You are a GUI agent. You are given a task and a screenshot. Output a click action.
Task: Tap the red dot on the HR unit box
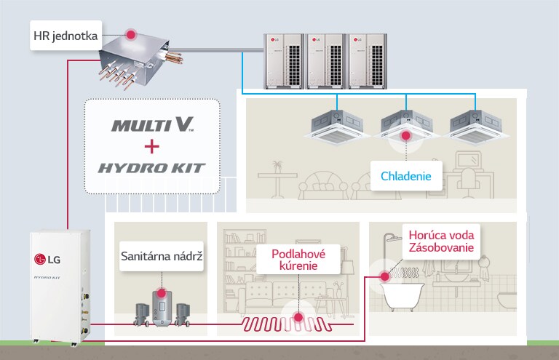coord(131,34)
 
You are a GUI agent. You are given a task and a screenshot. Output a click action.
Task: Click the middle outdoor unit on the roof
coord(325,61)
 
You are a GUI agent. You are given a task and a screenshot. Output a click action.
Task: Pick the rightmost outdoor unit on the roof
coord(368,61)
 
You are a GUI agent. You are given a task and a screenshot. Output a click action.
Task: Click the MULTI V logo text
coord(152,124)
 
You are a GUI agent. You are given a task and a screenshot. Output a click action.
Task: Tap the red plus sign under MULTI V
coord(151,147)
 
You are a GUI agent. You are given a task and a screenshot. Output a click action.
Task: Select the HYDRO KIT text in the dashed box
coord(152,169)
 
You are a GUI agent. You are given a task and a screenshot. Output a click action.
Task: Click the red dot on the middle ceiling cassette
coord(405,135)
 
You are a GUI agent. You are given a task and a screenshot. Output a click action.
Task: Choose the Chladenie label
coord(406,176)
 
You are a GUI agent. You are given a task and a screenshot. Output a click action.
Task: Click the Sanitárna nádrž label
coord(161,256)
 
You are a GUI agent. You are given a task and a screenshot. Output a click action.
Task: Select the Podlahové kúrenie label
coord(298,260)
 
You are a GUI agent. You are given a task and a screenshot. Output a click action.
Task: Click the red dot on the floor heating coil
coord(298,317)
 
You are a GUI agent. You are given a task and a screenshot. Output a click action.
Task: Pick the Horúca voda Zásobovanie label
coord(441,242)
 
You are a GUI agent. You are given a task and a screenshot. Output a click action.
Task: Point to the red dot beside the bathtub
coord(384,276)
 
